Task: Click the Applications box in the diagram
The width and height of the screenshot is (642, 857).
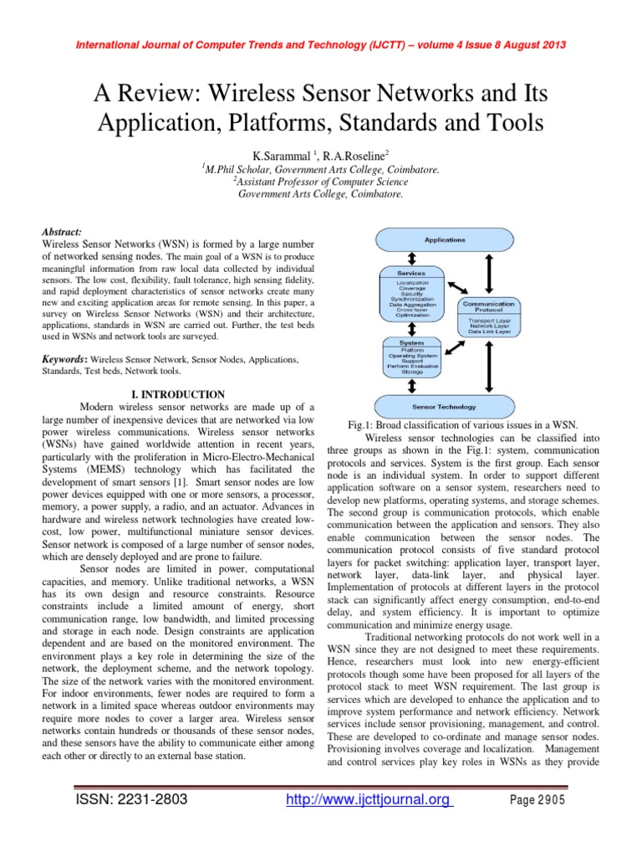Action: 445,241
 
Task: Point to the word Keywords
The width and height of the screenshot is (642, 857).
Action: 64,359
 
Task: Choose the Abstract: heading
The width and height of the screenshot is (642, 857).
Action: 61,231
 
